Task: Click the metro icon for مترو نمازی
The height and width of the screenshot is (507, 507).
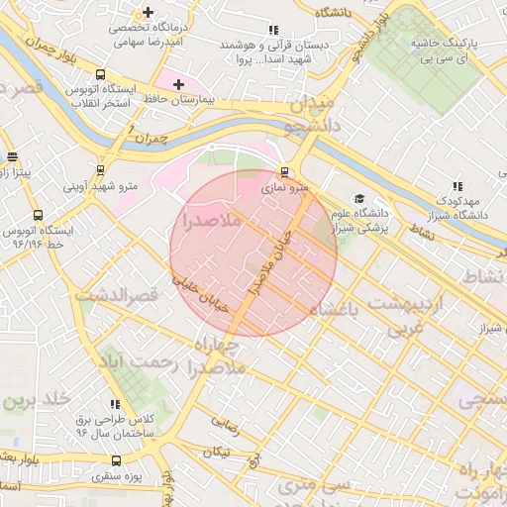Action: pyautogui.click(x=285, y=169)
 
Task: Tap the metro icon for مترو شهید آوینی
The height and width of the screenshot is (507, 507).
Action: pyautogui.click(x=100, y=169)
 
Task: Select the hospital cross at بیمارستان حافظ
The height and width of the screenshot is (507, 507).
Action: pyautogui.click(x=178, y=85)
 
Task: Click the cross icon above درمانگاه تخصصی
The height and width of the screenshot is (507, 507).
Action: pyautogui.click(x=148, y=13)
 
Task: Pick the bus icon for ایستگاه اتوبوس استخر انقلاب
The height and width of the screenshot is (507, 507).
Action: pyautogui.click(x=100, y=74)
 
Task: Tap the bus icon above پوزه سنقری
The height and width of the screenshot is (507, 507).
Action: pyautogui.click(x=117, y=460)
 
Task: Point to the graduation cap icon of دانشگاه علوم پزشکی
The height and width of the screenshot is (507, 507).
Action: pyautogui.click(x=358, y=199)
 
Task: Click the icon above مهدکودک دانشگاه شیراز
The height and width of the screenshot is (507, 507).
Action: pyautogui.click(x=456, y=186)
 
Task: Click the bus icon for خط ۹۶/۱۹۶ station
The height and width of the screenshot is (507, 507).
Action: pyautogui.click(x=38, y=214)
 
